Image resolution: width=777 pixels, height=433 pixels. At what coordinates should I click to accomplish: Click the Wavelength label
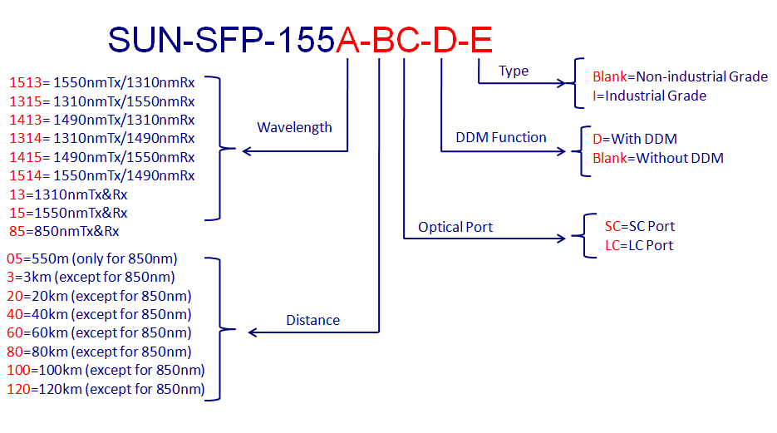point(294,128)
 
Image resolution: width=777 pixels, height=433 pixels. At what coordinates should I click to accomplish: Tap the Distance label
point(313,320)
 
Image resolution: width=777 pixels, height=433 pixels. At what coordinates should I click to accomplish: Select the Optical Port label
point(455,227)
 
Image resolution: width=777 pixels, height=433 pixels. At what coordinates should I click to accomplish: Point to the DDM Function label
point(501,137)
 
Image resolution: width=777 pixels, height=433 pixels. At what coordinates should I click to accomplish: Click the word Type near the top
point(514,71)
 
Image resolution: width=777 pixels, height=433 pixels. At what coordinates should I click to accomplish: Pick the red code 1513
point(25,82)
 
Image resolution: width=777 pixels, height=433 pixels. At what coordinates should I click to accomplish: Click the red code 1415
point(25,157)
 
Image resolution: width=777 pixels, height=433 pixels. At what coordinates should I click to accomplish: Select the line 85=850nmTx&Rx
point(64,231)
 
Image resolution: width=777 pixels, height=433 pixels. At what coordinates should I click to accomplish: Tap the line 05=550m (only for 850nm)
point(92,258)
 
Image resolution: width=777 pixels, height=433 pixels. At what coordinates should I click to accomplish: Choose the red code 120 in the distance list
point(19,390)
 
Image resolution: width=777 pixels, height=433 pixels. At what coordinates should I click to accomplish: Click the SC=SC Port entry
point(640,226)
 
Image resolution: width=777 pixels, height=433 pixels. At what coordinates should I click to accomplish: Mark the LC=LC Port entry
point(639,245)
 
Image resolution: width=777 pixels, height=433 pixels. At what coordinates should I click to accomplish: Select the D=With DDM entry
point(635,139)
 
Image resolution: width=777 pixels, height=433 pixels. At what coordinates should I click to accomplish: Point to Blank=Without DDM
point(658,158)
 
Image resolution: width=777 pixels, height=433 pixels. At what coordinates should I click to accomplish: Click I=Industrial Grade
point(650,96)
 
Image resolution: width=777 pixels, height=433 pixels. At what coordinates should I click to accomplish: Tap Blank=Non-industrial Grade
point(681,76)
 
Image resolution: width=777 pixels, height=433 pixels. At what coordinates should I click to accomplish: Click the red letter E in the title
point(480,40)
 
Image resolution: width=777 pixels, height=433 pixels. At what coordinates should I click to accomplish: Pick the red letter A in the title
point(348,40)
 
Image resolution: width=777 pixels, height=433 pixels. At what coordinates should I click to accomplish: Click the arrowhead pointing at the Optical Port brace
point(561,239)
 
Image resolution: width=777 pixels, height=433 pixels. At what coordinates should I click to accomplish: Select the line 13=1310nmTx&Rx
point(68,194)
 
